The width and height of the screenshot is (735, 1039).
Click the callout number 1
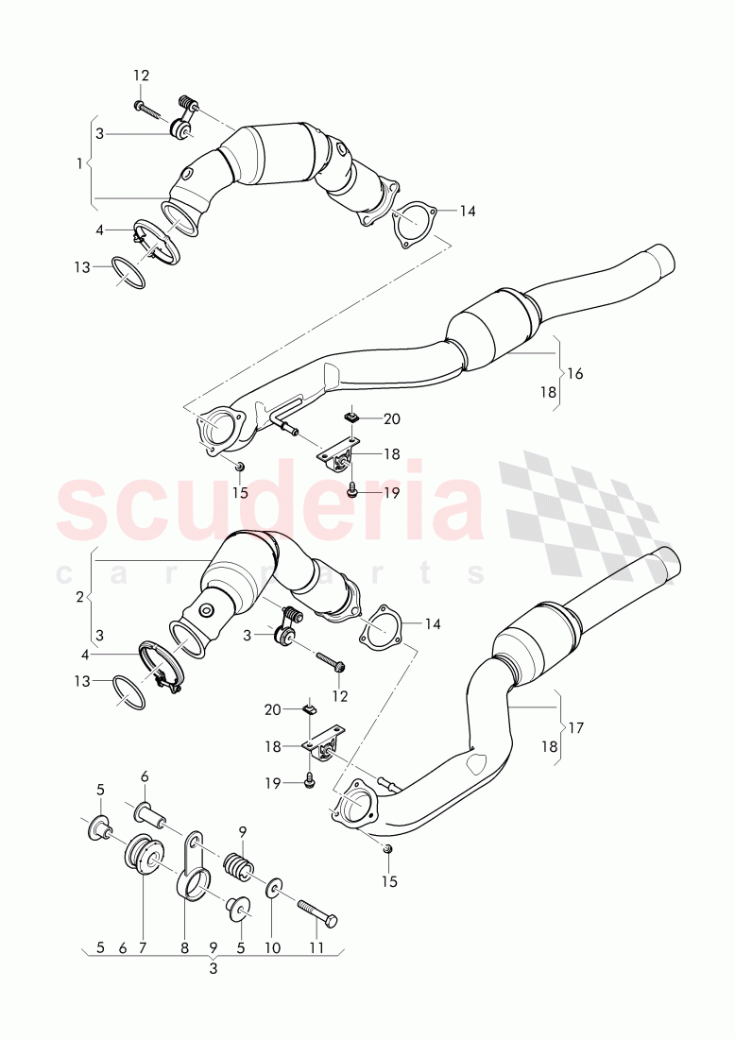coord(79,163)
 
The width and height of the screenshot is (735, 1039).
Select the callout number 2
coord(79,597)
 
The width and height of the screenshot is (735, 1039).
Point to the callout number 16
coord(574,374)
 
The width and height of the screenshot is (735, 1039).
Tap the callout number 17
coord(574,728)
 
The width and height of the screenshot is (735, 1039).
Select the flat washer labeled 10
coord(272,887)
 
